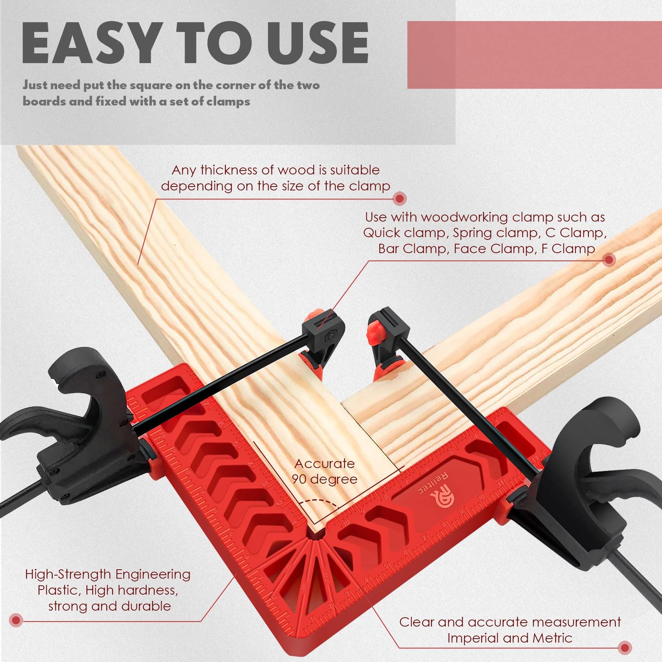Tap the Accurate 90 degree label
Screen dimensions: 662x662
[x=324, y=471]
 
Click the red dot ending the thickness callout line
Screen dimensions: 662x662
[x=399, y=199]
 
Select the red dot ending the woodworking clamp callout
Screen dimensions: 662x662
[x=609, y=260]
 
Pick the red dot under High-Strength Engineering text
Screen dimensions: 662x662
[x=16, y=620]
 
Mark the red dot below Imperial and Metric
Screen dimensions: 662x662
[x=625, y=647]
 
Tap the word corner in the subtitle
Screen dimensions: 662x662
[x=234, y=85]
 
